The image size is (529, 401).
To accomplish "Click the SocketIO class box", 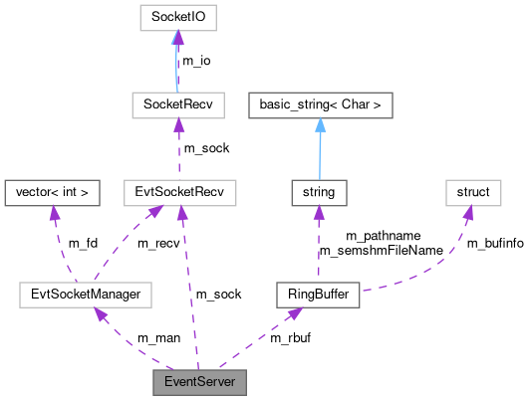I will tap(176, 17).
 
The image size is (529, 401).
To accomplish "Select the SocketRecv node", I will tap(176, 103).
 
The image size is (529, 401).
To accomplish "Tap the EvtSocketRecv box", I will tap(178, 192).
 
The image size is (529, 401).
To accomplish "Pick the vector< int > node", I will tap(52, 192).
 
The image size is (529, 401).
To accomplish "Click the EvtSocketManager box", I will tap(86, 295).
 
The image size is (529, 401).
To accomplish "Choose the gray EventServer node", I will tap(198, 382).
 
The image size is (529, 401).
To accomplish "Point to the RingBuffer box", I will tap(316, 295).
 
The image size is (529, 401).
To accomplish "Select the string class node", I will tap(318, 192).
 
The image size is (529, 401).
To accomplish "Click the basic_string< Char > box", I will tap(320, 103).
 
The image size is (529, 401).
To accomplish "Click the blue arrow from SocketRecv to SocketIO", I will tap(176, 61).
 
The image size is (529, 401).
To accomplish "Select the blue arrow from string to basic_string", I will tap(319, 148).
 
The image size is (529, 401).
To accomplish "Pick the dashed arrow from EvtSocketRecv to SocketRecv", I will tap(177, 148).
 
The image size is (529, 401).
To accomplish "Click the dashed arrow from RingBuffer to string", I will tap(318, 244).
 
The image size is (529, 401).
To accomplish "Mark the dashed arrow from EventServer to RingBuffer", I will tap(259, 337).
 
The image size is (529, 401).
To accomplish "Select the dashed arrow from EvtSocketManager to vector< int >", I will tap(62, 244).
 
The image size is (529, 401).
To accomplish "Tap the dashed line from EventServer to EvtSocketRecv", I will tap(188, 289).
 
